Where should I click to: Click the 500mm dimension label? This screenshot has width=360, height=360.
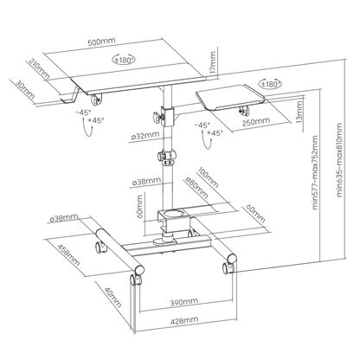101,41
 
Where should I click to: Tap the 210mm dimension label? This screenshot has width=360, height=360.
39,68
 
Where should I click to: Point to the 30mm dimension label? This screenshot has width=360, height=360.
25,90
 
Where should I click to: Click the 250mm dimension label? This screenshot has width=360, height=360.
256,122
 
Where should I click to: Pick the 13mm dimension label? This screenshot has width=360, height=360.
299,112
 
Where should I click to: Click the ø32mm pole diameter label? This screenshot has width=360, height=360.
145,135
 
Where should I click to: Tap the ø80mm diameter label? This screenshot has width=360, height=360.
197,188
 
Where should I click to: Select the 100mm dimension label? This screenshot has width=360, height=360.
208,177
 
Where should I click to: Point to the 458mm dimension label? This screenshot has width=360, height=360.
68,255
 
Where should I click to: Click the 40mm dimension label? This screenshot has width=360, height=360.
112,297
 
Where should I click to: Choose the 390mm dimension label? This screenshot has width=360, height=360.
184,302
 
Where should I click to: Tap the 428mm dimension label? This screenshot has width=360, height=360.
184,320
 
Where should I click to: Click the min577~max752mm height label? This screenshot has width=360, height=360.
315,172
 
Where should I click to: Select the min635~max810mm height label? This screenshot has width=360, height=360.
339,160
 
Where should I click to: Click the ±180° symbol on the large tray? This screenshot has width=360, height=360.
124,60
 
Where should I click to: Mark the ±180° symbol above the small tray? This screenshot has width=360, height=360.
270,84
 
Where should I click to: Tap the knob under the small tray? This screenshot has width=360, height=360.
244,110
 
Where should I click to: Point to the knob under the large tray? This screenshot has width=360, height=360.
96,100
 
